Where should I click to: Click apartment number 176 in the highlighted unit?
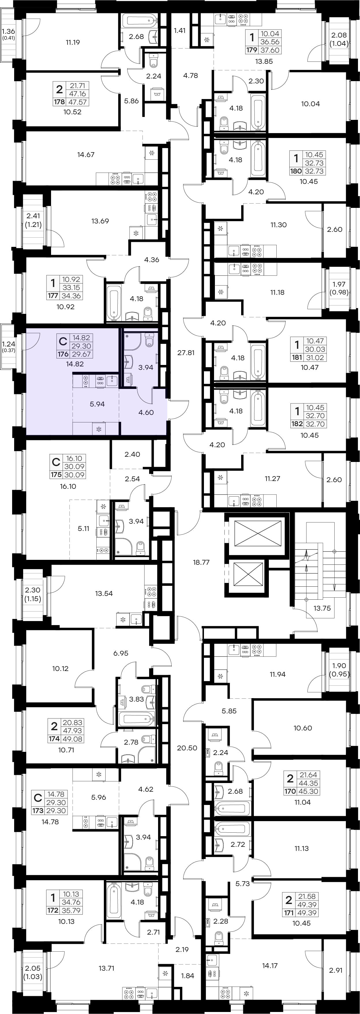coord(63,354)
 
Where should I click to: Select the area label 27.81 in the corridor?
coord(186,353)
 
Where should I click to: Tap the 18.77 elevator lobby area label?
coord(201,562)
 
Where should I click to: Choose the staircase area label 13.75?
coord(322,608)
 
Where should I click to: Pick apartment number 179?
coord(252,50)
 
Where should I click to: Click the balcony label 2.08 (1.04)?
coord(339,39)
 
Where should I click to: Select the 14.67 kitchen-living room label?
coord(86,155)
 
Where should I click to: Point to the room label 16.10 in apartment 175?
coord(68,487)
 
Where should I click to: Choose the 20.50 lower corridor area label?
coord(187,748)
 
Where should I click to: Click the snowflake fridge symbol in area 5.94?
coord(99,429)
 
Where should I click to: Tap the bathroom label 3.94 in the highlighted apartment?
coord(146,367)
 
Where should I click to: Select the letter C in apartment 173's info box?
coord(38,798)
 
